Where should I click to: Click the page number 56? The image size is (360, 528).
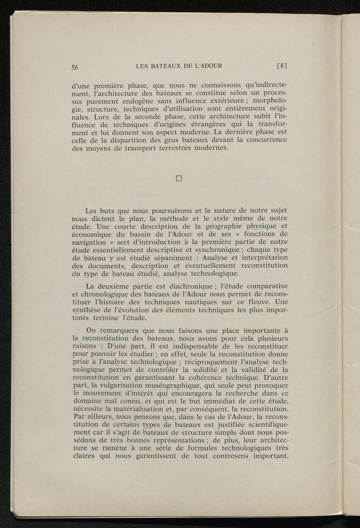[75, 68]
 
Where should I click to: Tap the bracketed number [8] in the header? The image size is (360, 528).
[282, 66]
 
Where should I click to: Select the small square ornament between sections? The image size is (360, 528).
[178, 179]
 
